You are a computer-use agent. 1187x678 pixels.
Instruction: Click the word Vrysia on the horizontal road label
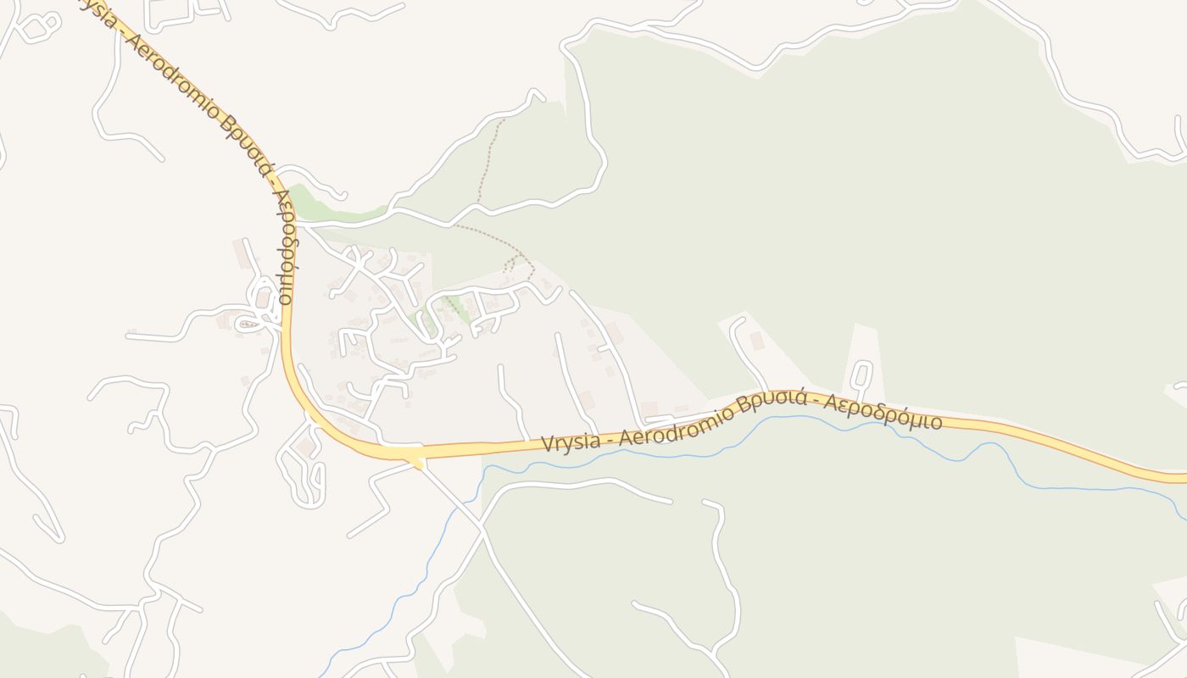(x=572, y=442)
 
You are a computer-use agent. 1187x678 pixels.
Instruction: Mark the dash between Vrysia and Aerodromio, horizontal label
(x=611, y=436)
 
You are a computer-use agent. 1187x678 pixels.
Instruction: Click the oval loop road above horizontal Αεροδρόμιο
(x=861, y=375)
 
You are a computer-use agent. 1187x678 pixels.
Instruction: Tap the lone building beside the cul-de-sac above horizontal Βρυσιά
(x=756, y=341)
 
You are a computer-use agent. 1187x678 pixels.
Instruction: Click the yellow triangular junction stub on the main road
(x=417, y=463)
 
